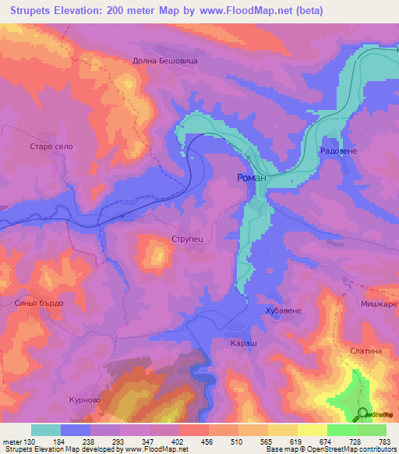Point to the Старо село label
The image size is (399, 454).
pyautogui.click(x=51, y=147)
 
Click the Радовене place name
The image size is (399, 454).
pyautogui.click(x=338, y=151)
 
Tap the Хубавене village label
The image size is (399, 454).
pyautogui.click(x=284, y=310)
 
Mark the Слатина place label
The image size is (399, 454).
pyautogui.click(x=366, y=351)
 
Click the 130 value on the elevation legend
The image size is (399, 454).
pyautogui.click(x=30, y=442)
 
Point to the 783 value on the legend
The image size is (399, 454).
pyautogui.click(x=385, y=442)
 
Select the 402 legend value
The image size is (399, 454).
pyautogui.click(x=178, y=442)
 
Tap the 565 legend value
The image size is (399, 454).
pyautogui.click(x=267, y=442)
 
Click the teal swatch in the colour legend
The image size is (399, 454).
pyautogui.click(x=45, y=430)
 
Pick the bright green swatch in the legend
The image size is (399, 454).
pyautogui.click(x=341, y=430)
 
